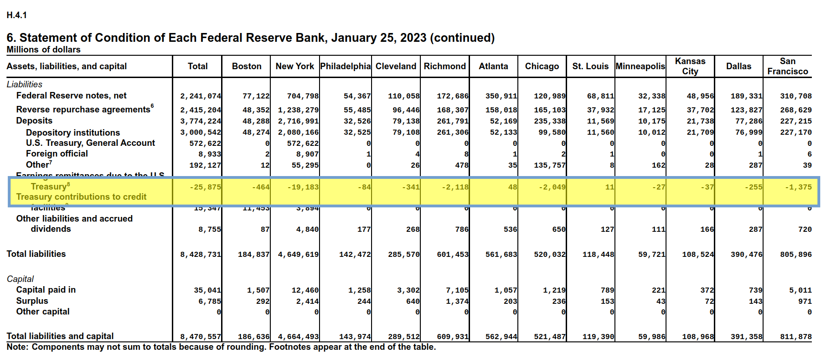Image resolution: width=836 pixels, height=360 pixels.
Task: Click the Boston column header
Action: [247, 66]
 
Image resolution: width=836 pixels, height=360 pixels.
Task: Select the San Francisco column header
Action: [787, 66]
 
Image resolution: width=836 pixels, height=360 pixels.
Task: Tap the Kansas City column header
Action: [690, 66]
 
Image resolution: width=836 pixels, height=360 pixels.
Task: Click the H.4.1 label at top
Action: [17, 15]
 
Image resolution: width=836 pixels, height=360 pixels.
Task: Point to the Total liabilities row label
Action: [36, 254]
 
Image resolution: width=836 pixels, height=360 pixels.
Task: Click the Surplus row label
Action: [32, 301]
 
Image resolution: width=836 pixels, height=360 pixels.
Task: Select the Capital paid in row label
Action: [46, 290]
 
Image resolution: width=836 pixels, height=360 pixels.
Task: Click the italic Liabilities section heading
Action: [24, 85]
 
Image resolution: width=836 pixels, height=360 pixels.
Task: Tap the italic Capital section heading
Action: [20, 279]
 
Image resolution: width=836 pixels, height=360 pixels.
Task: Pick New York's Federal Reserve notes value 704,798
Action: [303, 96]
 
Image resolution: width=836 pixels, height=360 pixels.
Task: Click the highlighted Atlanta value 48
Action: [512, 187]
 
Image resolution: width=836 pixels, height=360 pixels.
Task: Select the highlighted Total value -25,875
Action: [205, 187]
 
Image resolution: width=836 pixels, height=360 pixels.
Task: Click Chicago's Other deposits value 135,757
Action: [549, 165]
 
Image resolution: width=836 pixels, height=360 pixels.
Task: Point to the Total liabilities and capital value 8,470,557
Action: [201, 337]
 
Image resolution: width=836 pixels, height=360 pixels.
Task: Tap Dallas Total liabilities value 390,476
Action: [746, 255]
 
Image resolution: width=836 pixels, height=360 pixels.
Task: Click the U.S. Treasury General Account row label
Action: [91, 143]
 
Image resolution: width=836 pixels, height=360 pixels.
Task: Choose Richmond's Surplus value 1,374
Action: [457, 301]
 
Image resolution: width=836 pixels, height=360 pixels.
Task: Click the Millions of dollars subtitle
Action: [44, 50]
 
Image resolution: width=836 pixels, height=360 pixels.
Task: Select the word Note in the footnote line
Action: [17, 347]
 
